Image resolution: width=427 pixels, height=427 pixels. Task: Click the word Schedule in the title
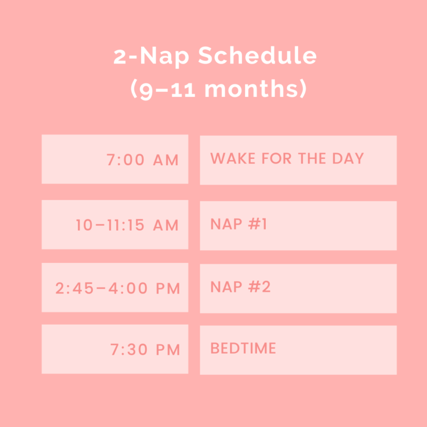(257, 57)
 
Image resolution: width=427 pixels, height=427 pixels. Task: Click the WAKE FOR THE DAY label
(287, 158)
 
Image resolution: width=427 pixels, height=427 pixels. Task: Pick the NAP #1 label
(239, 225)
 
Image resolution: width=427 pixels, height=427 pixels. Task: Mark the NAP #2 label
(240, 287)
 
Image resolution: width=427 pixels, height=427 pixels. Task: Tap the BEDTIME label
(243, 349)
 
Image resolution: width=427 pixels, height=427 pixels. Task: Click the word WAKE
(230, 158)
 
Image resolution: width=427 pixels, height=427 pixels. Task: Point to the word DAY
(348, 158)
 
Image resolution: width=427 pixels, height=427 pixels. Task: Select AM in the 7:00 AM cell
(166, 160)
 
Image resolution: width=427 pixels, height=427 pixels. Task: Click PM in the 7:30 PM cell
(167, 350)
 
